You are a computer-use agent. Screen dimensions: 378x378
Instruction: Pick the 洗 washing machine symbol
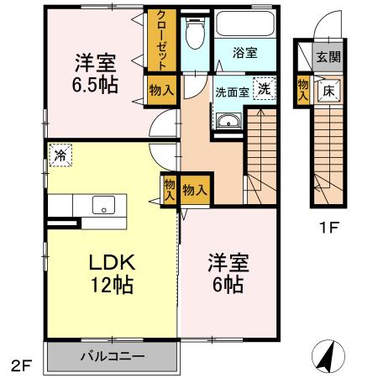pyautogui.click(x=264, y=89)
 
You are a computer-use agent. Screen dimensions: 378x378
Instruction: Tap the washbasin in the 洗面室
pyautogui.click(x=228, y=123)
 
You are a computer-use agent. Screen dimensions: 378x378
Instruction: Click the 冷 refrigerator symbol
pyautogui.click(x=60, y=155)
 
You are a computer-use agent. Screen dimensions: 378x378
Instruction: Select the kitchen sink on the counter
pyautogui.click(x=104, y=204)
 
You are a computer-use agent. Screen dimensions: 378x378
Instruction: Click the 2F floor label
pyautogui.click(x=23, y=365)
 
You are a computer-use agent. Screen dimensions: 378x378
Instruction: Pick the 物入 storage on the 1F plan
pyautogui.click(x=302, y=88)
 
